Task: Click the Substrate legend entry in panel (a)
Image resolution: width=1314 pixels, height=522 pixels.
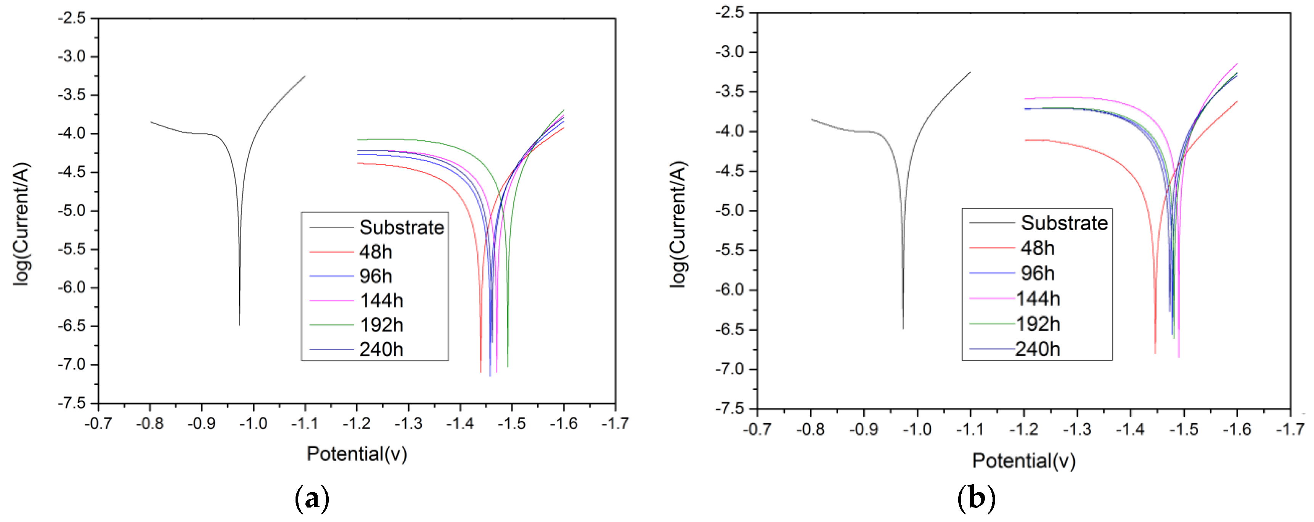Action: pyautogui.click(x=402, y=227)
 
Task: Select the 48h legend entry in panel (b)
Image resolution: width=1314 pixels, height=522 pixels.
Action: pyautogui.click(x=1037, y=248)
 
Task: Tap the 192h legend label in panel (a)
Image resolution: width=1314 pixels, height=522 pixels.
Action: pyautogui.click(x=381, y=325)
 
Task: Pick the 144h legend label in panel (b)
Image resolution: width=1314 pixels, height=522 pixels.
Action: pyautogui.click(x=1038, y=299)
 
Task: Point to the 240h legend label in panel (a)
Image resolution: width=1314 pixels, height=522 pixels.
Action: pyautogui.click(x=381, y=350)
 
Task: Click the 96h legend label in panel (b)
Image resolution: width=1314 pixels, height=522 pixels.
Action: pyautogui.click(x=1037, y=274)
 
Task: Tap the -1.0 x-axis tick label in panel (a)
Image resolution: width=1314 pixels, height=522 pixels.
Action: pyautogui.click(x=254, y=423)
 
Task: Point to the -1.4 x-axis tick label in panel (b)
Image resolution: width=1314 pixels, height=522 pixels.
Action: pyautogui.click(x=1130, y=429)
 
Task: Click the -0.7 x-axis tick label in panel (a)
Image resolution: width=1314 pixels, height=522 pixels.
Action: pyautogui.click(x=98, y=423)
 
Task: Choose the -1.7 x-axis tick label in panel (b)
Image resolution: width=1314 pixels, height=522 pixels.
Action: pyautogui.click(x=1290, y=429)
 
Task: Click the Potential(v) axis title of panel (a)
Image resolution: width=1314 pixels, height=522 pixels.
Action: pyautogui.click(x=357, y=453)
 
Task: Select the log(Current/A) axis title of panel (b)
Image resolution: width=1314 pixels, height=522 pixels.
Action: pyautogui.click(x=678, y=224)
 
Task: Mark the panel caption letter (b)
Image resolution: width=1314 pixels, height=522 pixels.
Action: pyautogui.click(x=976, y=498)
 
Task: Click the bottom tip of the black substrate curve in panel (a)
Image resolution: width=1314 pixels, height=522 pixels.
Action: pyautogui.click(x=239, y=325)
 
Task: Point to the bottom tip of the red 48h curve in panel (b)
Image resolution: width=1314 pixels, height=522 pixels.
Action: pyautogui.click(x=1155, y=353)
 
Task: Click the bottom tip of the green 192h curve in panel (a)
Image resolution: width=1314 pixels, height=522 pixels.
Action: pyautogui.click(x=508, y=366)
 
